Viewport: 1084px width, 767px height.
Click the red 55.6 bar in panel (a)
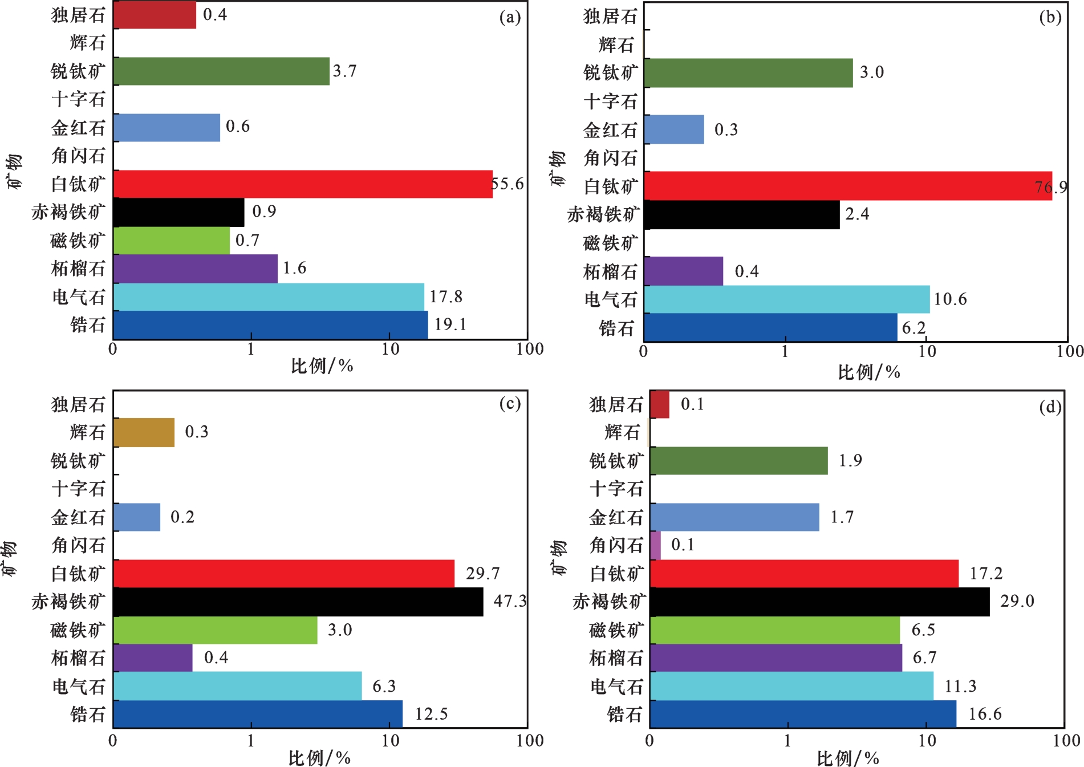tap(303, 184)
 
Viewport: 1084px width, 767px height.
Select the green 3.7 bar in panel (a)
tap(221, 71)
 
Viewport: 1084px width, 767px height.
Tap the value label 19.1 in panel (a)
tap(450, 324)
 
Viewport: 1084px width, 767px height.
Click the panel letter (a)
tap(510, 17)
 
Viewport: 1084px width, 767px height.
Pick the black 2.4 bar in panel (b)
tap(742, 215)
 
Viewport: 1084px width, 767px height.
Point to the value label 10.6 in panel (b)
tap(950, 299)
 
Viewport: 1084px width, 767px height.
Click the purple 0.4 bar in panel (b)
tap(684, 271)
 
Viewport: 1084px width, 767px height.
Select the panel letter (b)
tap(1050, 17)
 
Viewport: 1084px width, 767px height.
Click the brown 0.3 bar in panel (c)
tap(144, 432)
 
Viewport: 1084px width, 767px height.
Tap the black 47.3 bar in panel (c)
tap(298, 602)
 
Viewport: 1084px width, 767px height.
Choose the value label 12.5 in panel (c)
tap(431, 714)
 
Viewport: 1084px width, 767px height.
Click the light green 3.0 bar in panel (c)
tap(216, 630)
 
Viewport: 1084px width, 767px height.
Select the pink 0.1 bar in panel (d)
tap(655, 546)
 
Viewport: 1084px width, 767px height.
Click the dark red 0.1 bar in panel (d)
tap(660, 404)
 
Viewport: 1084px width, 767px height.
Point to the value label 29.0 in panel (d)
tap(1017, 601)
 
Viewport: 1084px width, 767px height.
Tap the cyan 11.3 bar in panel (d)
tap(791, 686)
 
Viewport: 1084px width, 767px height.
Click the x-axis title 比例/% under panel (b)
tap(869, 372)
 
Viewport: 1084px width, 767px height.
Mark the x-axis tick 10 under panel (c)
tap(390, 741)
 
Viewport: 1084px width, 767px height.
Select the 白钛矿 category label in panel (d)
tap(617, 574)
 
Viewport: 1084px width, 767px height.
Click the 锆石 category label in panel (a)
tap(88, 324)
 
